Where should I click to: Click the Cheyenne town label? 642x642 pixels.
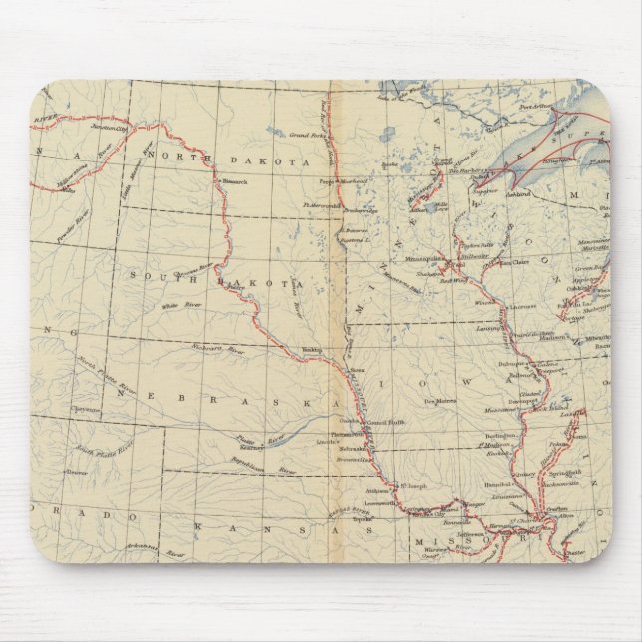point(86,410)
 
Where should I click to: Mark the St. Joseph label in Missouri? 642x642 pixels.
point(411,487)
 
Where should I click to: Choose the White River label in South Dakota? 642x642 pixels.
point(177,306)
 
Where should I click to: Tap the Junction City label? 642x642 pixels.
point(104,127)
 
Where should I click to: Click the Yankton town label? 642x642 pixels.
point(313,350)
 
